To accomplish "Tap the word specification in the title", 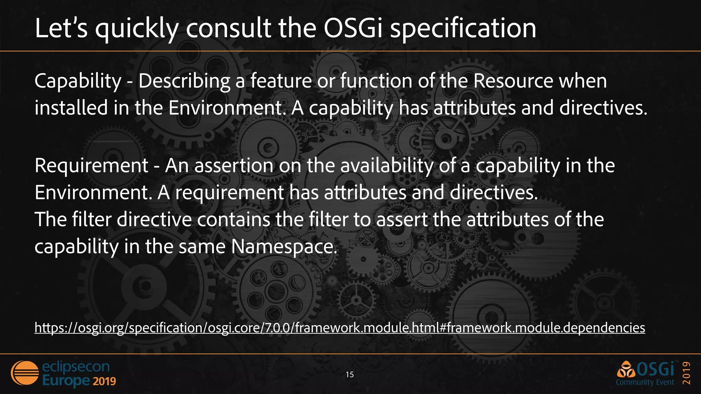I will (463, 29).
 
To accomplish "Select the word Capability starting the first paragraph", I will (78, 82).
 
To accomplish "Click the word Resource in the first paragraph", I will (513, 81).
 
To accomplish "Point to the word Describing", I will (184, 82).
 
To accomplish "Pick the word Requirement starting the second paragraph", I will (91, 166).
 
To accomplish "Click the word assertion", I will (233, 166).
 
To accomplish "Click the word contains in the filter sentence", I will (233, 219).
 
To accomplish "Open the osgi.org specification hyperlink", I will (340, 328).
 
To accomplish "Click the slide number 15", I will (349, 375).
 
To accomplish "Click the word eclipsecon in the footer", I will (76, 367).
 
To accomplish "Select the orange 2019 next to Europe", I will (104, 381).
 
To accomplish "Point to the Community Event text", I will (645, 382).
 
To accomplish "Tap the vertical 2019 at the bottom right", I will (687, 373).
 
